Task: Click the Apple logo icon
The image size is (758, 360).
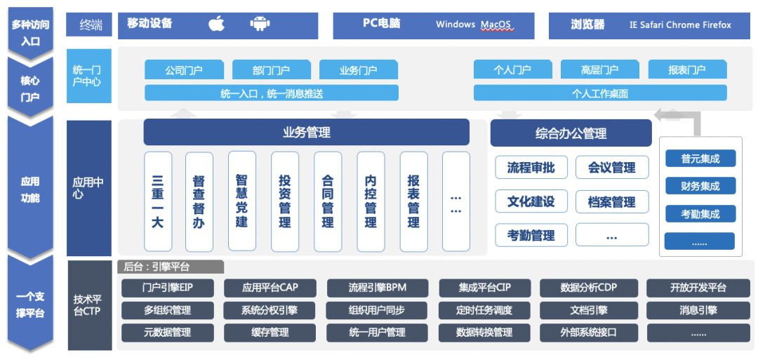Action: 217,23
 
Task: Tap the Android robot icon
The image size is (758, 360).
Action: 260,24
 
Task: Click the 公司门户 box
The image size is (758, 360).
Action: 184,69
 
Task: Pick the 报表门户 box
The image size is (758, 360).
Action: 687,69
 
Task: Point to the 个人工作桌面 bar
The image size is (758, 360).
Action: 600,93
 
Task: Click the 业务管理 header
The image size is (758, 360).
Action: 307,132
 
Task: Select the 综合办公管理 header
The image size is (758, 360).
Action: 571,133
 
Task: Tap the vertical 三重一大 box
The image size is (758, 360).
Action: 158,201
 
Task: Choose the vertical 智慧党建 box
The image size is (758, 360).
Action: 242,201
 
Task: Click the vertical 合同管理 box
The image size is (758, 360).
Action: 328,201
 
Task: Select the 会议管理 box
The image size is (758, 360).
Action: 612,167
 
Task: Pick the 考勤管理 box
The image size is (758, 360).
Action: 531,235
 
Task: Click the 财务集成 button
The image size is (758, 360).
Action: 700,185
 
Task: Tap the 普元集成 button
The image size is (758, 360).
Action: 700,158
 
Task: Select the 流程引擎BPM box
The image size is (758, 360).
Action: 377,288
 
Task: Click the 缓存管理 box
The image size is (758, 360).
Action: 270,333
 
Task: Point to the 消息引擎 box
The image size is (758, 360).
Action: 698,310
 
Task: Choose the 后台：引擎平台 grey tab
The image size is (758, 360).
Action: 171,267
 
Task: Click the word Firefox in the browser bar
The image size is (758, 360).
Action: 714,25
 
